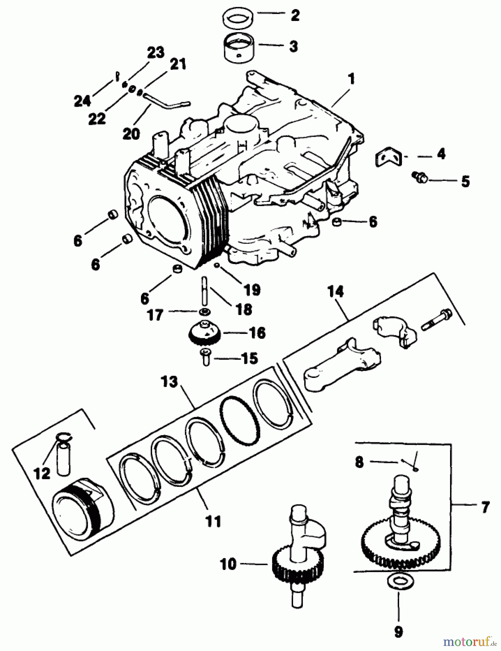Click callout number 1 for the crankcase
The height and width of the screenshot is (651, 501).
[x=351, y=79]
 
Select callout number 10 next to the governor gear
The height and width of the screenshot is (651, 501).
[x=228, y=564]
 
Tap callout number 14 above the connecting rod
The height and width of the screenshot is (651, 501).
[x=336, y=292]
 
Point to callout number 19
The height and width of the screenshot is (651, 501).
[x=252, y=289]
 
